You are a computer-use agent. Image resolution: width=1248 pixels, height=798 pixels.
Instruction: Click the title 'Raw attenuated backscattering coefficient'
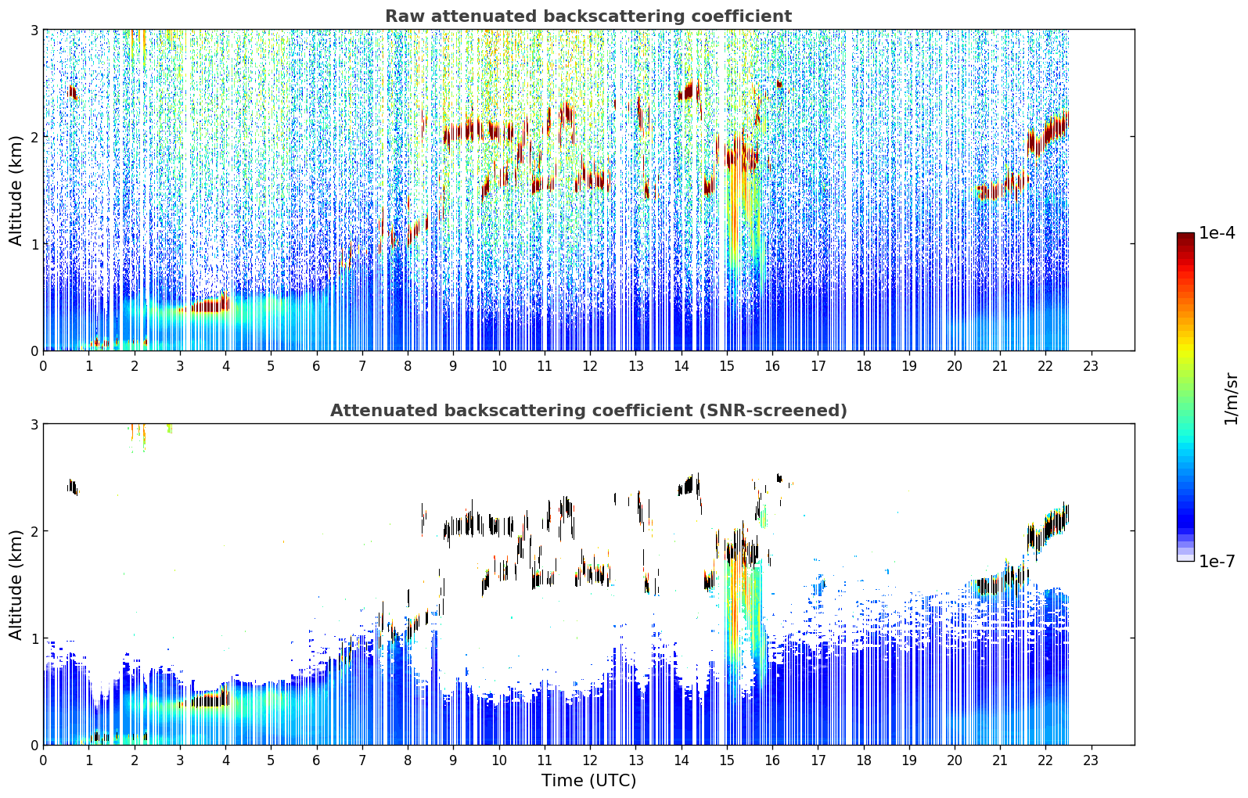[588, 16]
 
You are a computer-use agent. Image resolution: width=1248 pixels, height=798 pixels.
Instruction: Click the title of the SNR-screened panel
[588, 410]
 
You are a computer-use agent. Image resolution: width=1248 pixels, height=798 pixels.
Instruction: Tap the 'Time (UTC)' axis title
[588, 780]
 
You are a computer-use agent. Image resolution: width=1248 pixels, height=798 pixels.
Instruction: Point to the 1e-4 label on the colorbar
[1217, 233]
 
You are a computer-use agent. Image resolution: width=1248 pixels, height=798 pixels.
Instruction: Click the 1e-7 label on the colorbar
[1217, 561]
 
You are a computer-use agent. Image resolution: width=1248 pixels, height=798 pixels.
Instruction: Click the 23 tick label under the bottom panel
[1090, 760]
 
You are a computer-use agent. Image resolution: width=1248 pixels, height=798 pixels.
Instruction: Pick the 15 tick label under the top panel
[727, 365]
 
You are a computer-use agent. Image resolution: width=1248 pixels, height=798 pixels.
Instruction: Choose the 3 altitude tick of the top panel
[34, 30]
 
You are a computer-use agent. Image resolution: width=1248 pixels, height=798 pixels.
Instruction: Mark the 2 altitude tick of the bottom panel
[34, 531]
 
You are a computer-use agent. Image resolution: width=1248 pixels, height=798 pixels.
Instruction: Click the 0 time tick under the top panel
[44, 365]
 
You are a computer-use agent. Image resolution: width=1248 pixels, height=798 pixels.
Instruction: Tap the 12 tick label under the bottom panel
[590, 760]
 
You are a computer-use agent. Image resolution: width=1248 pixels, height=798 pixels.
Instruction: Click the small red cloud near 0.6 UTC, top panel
[73, 92]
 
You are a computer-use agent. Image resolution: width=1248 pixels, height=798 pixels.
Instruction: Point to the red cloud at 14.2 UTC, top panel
[690, 92]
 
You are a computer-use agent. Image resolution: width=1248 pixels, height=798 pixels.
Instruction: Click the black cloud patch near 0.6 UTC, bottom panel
[73, 487]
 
